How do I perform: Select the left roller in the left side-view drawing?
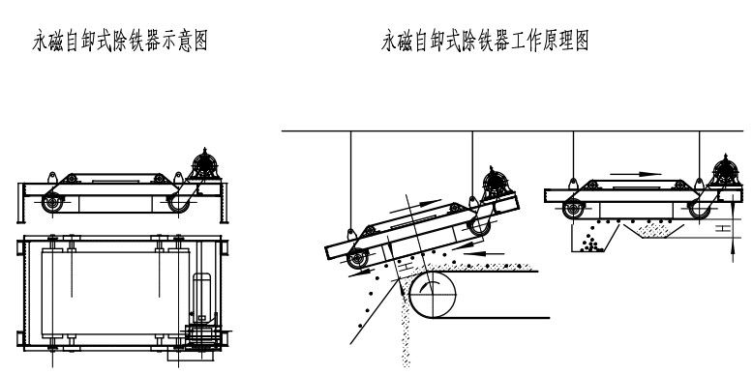(x=50, y=203)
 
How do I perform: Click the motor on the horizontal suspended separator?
(x=724, y=171)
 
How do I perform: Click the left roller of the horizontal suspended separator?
(x=572, y=207)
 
